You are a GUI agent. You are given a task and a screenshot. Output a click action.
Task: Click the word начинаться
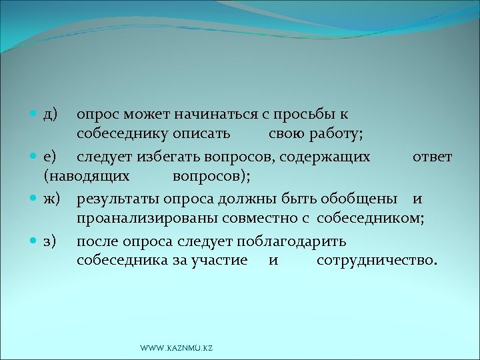[x=199, y=115]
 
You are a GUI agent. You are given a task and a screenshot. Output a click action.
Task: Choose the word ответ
[x=432, y=157]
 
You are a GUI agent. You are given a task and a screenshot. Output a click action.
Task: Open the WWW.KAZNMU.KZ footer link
[x=176, y=349]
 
